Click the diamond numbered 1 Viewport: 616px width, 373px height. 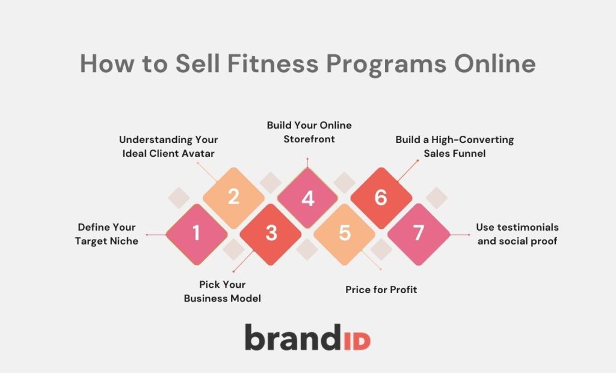(x=196, y=233)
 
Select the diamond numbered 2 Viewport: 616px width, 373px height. (x=233, y=198)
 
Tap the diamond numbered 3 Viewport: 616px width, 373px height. (x=271, y=233)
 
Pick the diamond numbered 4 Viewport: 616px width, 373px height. (x=307, y=198)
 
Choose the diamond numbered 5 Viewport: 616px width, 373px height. (x=345, y=233)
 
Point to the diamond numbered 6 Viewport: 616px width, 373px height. (x=381, y=198)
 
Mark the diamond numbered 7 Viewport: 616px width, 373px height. (x=419, y=233)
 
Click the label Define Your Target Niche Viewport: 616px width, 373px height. (x=106, y=234)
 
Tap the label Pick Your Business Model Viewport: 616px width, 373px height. (x=223, y=291)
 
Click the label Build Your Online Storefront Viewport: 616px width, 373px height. (x=309, y=132)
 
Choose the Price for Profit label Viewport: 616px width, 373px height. (x=381, y=290)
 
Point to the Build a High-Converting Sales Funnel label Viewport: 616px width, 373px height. (x=455, y=146)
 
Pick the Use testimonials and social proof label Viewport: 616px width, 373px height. (x=517, y=234)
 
